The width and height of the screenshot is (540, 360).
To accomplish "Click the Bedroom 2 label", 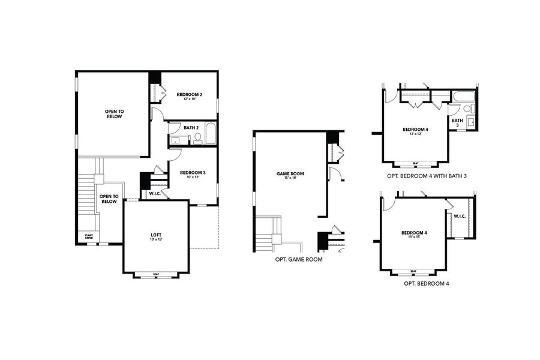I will click(189, 94).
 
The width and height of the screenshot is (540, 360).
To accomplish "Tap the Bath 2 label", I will click(191, 127).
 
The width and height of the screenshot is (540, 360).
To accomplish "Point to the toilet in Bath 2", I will click(198, 137).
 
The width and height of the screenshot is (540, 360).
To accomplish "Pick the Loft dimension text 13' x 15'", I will click(155, 239).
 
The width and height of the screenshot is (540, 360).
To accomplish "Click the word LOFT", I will click(155, 235).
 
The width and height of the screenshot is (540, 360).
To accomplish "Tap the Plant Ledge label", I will click(88, 236).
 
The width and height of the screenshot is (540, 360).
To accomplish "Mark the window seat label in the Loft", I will click(155, 274).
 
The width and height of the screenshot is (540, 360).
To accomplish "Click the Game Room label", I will click(290, 173).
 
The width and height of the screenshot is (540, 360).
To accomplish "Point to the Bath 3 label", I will click(457, 122).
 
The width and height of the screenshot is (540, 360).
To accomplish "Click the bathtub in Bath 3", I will click(464, 97).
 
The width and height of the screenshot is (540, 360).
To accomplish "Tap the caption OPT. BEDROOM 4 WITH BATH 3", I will click(427, 176).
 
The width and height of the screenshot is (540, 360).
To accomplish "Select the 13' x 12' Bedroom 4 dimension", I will click(415, 134).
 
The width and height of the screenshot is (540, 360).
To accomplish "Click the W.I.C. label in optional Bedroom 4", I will click(460, 216).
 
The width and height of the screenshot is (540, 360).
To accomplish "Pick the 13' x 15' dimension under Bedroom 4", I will click(414, 237).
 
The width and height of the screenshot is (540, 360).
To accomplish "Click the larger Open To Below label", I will click(113, 113).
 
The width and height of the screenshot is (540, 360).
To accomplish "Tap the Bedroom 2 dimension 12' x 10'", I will click(189, 99).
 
